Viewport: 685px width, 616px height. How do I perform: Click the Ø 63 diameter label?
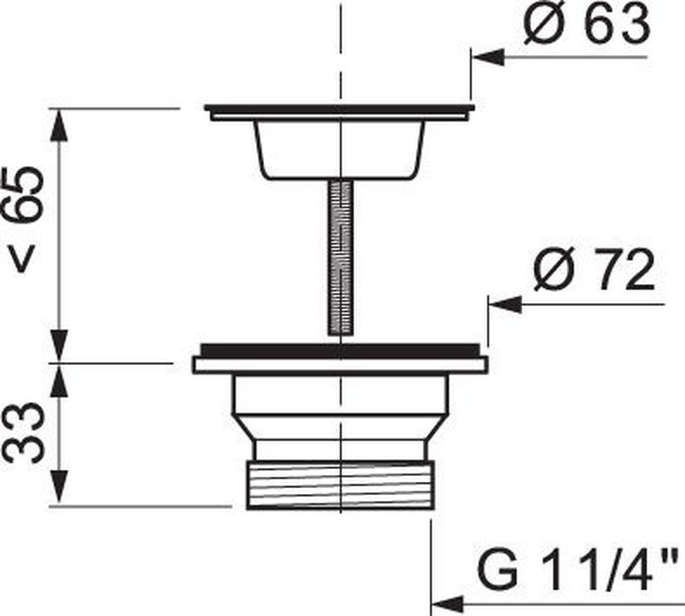587,22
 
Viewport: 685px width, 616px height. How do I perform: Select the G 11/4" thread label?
581,568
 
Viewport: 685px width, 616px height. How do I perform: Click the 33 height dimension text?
24,432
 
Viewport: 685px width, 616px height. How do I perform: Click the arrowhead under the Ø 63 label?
489,57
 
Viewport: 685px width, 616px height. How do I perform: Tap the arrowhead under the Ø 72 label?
505,305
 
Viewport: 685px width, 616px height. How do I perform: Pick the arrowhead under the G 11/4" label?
448,605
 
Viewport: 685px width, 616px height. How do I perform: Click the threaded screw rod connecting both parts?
340,258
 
